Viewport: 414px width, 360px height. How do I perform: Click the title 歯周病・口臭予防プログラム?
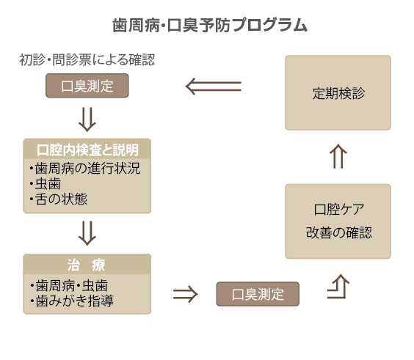[210, 26]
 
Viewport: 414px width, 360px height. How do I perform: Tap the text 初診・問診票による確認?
[87, 60]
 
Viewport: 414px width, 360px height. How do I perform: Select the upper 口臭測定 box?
[87, 86]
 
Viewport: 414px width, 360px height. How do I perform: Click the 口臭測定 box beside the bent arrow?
[258, 294]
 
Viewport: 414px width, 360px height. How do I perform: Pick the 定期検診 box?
[338, 92]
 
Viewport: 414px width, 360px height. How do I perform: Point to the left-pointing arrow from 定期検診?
[214, 87]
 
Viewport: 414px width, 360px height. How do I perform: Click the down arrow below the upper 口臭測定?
[87, 120]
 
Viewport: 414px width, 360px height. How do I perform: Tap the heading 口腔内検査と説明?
[87, 150]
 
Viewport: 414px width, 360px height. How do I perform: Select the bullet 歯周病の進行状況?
[85, 168]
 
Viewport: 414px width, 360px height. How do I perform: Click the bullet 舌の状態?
[58, 199]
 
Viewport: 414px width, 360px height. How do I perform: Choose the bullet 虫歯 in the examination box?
[46, 184]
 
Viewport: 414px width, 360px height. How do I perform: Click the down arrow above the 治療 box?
[87, 233]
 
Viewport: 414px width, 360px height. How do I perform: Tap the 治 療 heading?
[87, 265]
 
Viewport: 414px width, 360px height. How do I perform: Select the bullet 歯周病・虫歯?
[69, 286]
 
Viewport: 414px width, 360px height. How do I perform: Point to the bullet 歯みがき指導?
[72, 301]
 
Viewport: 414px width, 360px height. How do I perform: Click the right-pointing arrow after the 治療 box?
[186, 294]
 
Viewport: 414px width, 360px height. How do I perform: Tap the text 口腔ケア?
[338, 210]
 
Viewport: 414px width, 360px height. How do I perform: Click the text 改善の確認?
[338, 232]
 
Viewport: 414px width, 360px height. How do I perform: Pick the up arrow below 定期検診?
[338, 156]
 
